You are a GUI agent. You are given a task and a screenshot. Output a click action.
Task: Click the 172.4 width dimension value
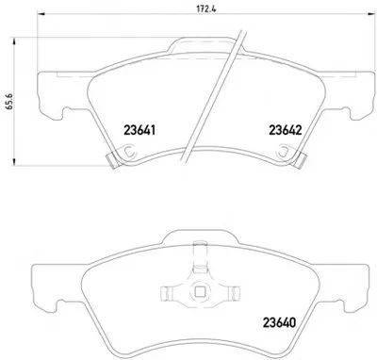point(205,8)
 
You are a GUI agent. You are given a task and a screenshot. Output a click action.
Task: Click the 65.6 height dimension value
point(9,101)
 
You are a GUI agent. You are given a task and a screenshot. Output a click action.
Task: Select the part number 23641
point(139,130)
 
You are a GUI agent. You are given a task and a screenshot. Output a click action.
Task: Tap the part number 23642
point(285,130)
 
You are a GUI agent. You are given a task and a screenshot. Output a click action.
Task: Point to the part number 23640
point(279,322)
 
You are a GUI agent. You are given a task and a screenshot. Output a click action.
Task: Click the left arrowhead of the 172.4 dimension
point(41,13)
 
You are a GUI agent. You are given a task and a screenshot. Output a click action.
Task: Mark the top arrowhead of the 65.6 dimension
point(14,41)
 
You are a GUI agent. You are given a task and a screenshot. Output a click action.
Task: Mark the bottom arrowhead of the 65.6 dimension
point(14,162)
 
